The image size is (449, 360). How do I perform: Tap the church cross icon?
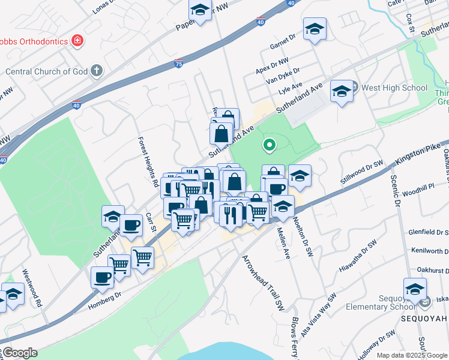click(97, 71)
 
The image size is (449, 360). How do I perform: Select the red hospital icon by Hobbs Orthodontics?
click(77, 41)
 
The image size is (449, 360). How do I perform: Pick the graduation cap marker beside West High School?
click(342, 91)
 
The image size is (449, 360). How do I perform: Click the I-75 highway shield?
click(178, 62)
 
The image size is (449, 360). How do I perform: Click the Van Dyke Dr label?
click(283, 77)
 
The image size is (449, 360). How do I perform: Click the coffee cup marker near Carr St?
click(131, 226)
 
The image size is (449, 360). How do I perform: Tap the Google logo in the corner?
click(19, 353)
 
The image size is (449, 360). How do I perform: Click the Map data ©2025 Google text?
click(412, 355)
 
